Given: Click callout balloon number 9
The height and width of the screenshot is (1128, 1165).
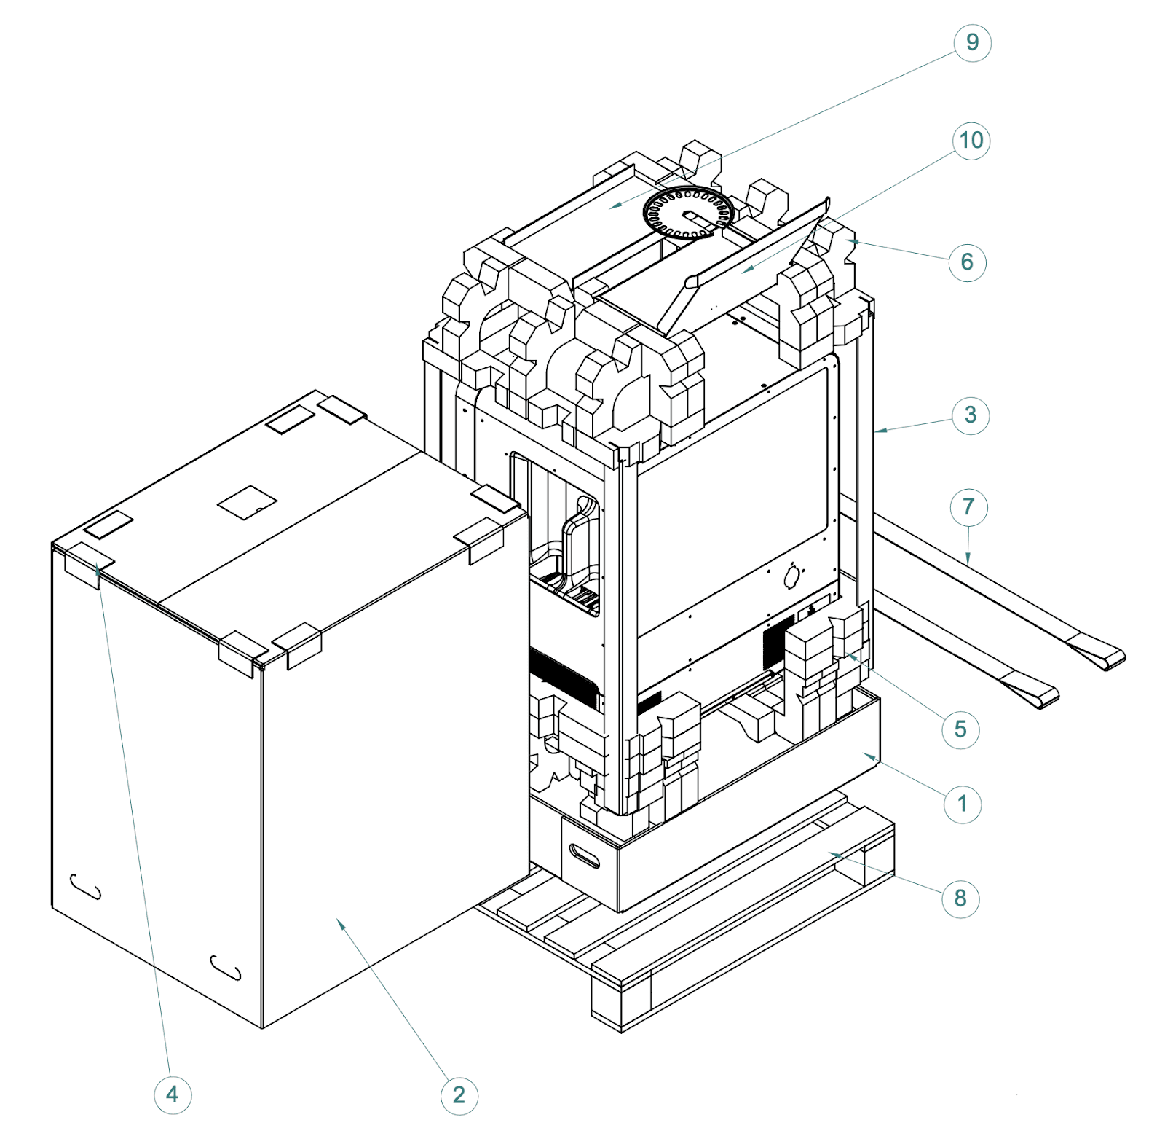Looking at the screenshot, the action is click(972, 43).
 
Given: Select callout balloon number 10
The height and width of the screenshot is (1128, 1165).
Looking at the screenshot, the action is click(971, 141).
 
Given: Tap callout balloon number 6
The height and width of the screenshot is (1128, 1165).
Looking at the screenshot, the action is click(967, 262).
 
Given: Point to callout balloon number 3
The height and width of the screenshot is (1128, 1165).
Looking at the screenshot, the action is click(971, 415).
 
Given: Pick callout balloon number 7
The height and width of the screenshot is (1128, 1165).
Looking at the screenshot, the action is click(968, 507).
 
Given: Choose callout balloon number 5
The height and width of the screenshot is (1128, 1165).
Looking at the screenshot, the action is click(960, 729).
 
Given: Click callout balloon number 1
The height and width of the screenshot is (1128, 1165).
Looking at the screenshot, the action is click(962, 804).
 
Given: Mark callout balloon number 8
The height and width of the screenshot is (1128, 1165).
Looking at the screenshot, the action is click(960, 898).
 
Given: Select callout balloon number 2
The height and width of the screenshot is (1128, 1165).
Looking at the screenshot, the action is click(459, 1095).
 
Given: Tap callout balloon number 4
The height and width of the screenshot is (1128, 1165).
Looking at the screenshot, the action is click(173, 1094).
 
